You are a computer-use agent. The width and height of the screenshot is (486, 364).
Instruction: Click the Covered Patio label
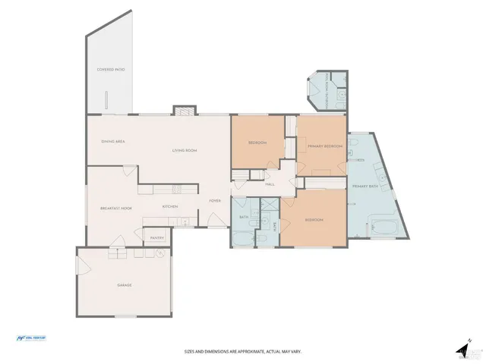click(x=110, y=70)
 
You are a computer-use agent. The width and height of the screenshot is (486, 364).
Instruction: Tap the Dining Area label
click(x=112, y=142)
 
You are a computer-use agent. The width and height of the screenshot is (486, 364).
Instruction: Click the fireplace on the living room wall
click(x=183, y=111)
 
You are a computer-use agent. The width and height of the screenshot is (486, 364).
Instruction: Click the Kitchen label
click(x=170, y=207)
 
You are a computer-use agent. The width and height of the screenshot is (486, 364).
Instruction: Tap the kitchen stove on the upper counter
click(x=176, y=189)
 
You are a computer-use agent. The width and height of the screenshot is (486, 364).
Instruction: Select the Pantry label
click(x=157, y=238)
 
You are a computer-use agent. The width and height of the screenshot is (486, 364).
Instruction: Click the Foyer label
click(x=216, y=201)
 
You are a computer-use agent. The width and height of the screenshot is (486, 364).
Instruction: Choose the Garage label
click(x=125, y=285)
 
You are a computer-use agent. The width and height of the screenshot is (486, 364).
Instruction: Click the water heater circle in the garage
click(x=160, y=254)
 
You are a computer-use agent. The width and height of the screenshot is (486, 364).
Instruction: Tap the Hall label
click(x=270, y=184)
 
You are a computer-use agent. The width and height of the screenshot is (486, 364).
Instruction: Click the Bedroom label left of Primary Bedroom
click(x=257, y=142)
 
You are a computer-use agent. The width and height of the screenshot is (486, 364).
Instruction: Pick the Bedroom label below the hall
click(x=314, y=220)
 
